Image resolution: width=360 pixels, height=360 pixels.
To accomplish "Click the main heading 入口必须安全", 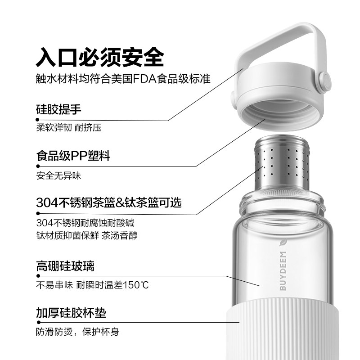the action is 100,57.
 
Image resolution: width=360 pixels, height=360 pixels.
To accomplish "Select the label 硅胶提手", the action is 58,109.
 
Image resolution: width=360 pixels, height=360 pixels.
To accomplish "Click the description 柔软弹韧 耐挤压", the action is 69,127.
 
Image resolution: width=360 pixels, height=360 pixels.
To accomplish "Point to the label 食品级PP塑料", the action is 73,156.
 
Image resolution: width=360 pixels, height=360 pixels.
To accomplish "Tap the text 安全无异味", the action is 58,175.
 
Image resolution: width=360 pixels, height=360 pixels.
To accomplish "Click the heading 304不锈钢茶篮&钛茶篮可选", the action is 109,202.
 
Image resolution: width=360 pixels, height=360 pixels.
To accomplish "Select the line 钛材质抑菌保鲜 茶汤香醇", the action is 87,235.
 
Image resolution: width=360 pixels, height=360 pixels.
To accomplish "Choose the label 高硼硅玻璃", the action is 65,266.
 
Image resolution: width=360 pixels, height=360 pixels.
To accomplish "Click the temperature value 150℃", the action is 136,285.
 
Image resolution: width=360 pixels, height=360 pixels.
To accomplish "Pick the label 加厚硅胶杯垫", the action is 71,313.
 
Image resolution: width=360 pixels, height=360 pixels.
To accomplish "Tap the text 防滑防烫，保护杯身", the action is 77,332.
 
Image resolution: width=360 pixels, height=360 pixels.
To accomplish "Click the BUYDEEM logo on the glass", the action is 283,271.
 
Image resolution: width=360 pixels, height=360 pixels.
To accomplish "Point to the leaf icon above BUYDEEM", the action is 283,243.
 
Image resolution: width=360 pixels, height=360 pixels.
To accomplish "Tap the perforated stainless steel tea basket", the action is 282,163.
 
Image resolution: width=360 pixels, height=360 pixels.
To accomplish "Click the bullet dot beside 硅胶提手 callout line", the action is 37,119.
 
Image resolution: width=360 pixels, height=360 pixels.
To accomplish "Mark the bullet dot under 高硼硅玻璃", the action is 38,276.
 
